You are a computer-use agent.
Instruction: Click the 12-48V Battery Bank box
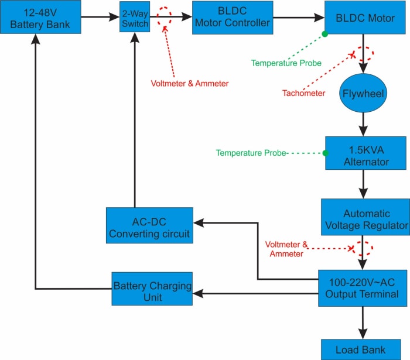[40, 18]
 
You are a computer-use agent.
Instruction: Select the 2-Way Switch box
[135, 18]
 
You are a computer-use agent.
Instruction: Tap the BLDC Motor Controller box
[232, 17]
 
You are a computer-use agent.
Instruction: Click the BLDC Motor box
[365, 18]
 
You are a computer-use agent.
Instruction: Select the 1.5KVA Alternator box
[365, 154]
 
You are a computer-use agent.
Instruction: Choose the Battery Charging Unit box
[152, 289]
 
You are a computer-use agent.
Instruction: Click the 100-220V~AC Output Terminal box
[363, 288]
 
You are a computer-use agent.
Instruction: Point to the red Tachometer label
[303, 93]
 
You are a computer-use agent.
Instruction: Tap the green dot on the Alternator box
[325, 153]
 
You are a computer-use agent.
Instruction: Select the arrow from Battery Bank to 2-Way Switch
[100, 17]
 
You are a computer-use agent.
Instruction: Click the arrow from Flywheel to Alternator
[364, 124]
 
